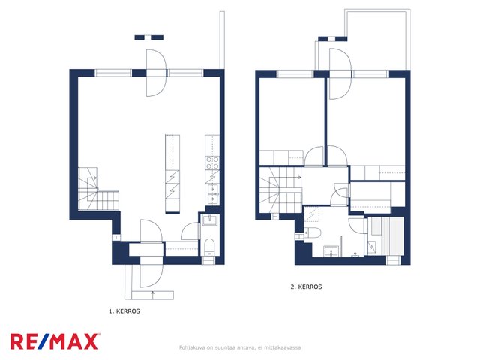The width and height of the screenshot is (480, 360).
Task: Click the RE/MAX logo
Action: coord(55,342)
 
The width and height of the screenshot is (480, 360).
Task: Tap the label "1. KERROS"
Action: coord(124,311)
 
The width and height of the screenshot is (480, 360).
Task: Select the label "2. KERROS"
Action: coord(306,286)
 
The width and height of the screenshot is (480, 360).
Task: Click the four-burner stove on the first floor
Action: coord(212,163)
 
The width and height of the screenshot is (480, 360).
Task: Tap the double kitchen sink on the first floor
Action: coord(212,194)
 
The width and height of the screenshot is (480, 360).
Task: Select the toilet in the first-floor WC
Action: coord(210,247)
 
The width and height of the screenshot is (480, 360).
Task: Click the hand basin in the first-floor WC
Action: coord(210,220)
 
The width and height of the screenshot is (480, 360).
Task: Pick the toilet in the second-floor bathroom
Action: coord(312,233)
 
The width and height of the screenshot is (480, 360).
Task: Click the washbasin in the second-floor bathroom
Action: coord(331,250)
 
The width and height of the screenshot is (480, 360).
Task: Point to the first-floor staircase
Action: coord(98,189)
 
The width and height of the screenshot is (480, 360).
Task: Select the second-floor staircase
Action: coord(280,190)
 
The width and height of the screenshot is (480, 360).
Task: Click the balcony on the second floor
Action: coord(377,40)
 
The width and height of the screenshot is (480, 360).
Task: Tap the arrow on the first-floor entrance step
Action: coord(153,294)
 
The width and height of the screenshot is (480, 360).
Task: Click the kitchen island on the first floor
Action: coord(172,173)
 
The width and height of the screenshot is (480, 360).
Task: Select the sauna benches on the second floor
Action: coord(387,235)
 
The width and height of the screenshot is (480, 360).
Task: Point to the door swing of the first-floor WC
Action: coord(190,231)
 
